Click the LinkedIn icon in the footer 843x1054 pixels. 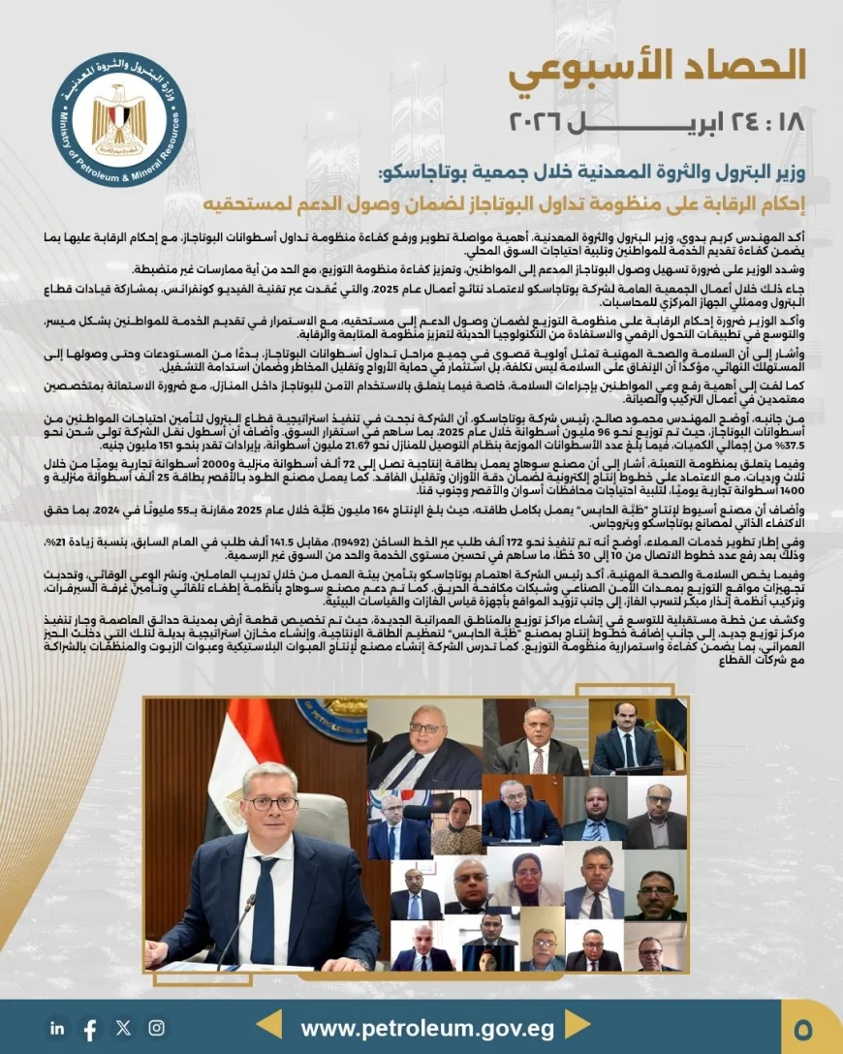click(x=58, y=1028)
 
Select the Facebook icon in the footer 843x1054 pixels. click(x=90, y=1028)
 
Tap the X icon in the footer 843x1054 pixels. click(x=123, y=1028)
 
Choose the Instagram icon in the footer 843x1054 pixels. click(x=156, y=1028)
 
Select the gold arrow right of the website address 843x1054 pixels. click(x=578, y=1026)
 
